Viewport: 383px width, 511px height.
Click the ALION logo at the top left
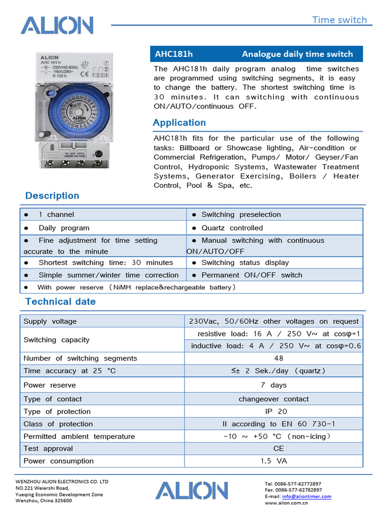point(57,25)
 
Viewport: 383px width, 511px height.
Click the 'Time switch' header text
point(339,20)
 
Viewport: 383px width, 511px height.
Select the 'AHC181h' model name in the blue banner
point(174,54)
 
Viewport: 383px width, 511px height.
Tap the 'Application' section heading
point(179,123)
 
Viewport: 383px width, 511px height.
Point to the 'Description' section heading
point(52,196)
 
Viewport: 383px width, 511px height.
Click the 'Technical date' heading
point(60,301)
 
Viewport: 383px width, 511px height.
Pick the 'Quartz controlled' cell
point(232,228)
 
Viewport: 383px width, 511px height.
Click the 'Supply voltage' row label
point(50,321)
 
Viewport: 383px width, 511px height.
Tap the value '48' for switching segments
point(278,358)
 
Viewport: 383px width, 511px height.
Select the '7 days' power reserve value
point(273,385)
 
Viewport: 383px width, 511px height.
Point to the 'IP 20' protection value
point(276,412)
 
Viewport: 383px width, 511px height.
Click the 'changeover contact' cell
point(273,399)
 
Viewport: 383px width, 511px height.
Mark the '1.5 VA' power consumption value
point(274,461)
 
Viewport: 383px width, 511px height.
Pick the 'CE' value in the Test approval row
point(278,449)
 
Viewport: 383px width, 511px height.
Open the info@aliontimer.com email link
point(306,497)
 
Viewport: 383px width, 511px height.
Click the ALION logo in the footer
point(191,491)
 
